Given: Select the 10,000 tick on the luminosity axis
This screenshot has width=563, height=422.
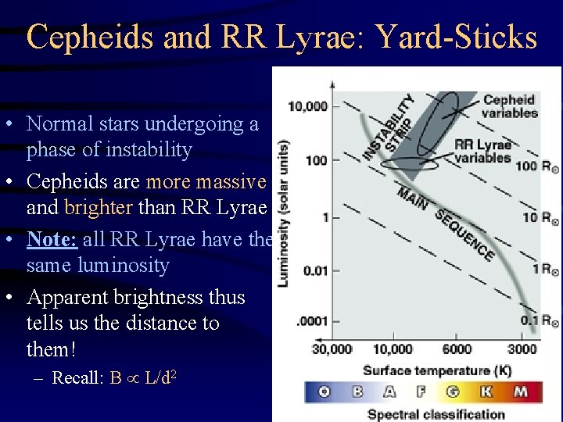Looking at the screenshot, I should pyautogui.click(x=307, y=105).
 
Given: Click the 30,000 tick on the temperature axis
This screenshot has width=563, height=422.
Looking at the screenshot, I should pyautogui.click(x=332, y=349).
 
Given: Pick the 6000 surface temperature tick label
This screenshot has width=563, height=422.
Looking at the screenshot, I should pyautogui.click(x=457, y=349).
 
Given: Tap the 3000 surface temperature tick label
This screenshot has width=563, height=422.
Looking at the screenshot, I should pyautogui.click(x=522, y=349).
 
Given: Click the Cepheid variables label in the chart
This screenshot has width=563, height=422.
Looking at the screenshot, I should pyautogui.click(x=509, y=106).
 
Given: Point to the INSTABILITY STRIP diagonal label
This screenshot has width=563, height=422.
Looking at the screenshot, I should pyautogui.click(x=389, y=127).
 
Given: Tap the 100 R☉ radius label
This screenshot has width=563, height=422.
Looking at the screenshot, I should pyautogui.click(x=536, y=166).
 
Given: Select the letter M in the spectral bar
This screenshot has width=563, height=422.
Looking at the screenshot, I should pyautogui.click(x=521, y=392).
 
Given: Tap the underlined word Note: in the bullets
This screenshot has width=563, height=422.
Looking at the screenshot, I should pyautogui.click(x=50, y=240).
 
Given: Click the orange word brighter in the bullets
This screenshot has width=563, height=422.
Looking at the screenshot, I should pyautogui.click(x=99, y=207).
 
